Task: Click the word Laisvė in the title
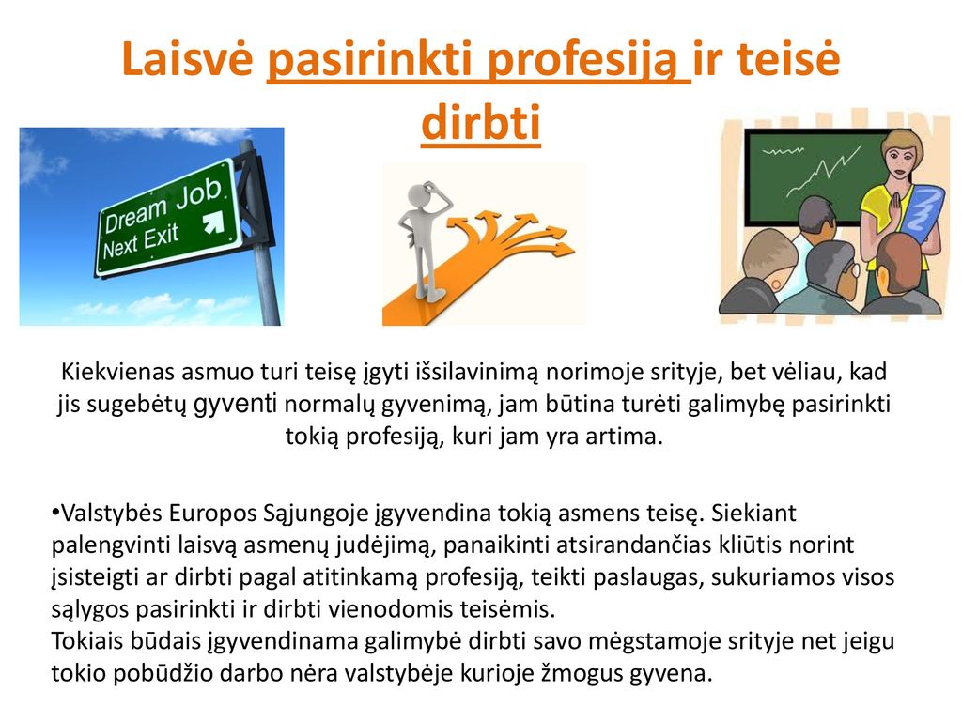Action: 188,58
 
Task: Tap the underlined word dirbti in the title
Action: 481,122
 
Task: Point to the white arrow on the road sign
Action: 213,222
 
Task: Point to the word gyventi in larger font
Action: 235,404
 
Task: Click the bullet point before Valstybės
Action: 55,512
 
